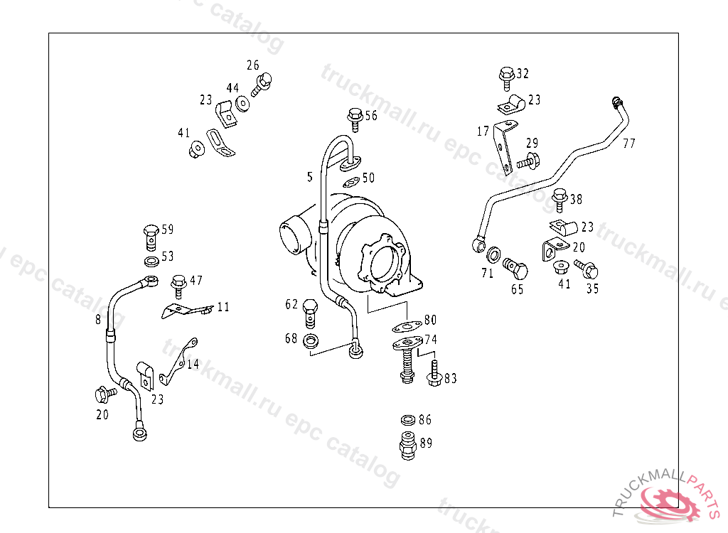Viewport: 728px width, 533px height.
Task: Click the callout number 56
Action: click(371, 116)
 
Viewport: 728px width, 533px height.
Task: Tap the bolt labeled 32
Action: click(506, 77)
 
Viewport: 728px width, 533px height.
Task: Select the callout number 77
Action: click(628, 143)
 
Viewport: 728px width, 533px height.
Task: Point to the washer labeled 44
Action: click(242, 104)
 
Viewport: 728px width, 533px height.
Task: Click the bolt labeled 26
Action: click(262, 84)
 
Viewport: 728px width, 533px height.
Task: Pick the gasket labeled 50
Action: click(351, 181)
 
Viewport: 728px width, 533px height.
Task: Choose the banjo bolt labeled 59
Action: click(151, 237)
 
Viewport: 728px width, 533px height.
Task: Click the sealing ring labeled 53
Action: click(151, 261)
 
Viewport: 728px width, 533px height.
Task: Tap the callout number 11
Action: click(223, 307)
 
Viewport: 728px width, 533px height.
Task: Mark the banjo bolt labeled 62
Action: click(310, 313)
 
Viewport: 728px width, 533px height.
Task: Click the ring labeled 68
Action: click(310, 341)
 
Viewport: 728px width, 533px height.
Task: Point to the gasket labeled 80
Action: click(407, 326)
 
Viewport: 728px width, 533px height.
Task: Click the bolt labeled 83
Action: click(434, 373)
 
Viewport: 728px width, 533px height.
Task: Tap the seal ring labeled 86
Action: click(408, 420)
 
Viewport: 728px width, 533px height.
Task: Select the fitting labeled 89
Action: click(407, 446)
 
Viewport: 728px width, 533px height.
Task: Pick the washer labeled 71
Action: click(493, 255)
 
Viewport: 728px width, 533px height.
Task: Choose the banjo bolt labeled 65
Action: click(515, 269)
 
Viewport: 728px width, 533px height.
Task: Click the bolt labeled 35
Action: click(587, 269)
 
